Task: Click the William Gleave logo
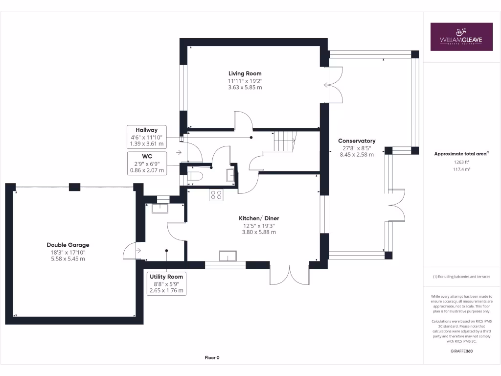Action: click(x=461, y=37)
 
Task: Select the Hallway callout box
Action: click(x=146, y=137)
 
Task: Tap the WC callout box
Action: click(x=146, y=164)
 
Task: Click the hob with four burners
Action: click(x=216, y=195)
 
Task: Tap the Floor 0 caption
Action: click(x=212, y=358)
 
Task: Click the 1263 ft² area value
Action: click(x=461, y=163)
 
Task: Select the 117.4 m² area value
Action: click(x=461, y=169)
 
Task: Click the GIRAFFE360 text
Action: click(x=461, y=351)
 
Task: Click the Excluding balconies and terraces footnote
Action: click(x=461, y=277)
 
